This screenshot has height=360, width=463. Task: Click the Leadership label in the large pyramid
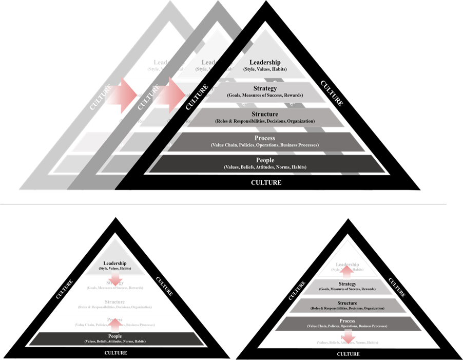265,62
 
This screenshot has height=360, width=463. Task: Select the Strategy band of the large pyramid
265,92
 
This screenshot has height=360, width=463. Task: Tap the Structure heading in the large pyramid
265,115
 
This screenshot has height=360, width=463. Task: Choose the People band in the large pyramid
265,163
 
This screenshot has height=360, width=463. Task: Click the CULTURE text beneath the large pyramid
266,182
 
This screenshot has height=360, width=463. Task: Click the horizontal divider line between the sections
231,204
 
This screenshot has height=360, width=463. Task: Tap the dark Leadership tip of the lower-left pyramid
115,266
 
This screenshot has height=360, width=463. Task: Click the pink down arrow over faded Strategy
115,279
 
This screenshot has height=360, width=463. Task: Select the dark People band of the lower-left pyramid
115,338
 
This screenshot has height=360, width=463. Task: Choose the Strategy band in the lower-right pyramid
348,287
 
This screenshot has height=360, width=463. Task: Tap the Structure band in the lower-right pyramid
348,306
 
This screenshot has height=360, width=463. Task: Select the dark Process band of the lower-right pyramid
348,324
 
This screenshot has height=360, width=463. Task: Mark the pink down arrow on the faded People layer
348,336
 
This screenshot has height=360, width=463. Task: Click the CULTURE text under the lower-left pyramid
115,353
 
